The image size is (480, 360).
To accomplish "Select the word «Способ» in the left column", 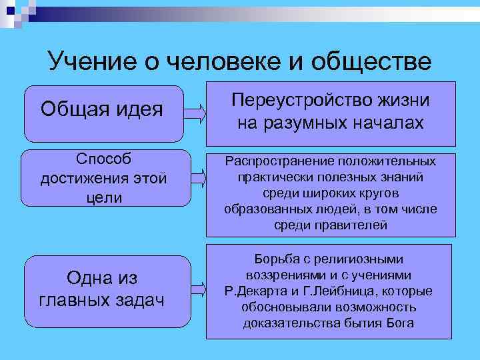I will click(x=103, y=161).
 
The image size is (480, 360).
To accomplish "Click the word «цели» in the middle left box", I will click(x=103, y=198).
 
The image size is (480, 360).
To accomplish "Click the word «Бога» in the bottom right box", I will click(x=399, y=323).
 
